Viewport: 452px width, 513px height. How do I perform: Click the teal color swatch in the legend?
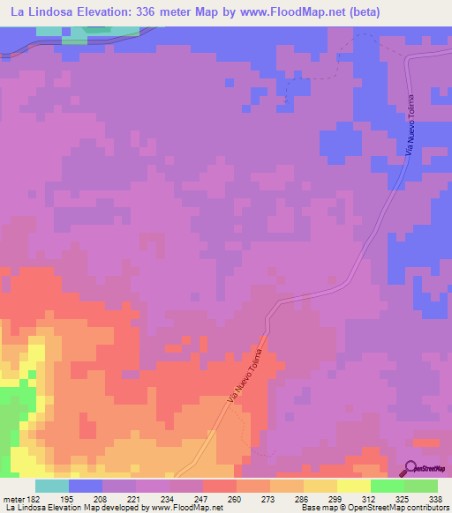tap(52, 486)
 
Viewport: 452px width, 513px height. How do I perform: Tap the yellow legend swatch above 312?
tap(353, 486)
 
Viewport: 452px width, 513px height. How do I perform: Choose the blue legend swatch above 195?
tap(86, 486)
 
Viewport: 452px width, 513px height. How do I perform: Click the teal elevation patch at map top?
tap(84, 33)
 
